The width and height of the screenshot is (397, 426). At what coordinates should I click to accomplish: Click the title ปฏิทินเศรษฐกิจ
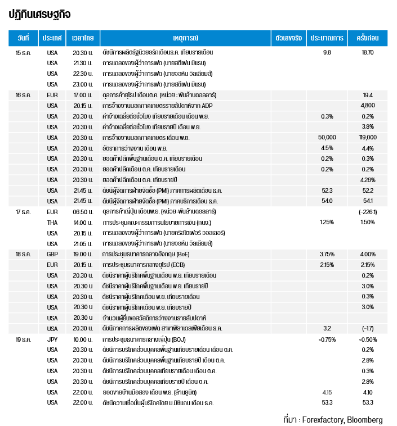pos(39,15)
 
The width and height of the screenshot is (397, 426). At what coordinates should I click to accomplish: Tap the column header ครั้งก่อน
pos(368,38)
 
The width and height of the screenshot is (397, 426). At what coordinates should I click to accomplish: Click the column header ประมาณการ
pos(327,38)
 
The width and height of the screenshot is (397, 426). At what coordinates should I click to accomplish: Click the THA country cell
pos(52,223)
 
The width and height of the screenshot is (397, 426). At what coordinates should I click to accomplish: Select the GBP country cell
pos(52,254)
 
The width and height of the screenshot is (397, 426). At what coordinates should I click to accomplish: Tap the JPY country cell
pos(52,339)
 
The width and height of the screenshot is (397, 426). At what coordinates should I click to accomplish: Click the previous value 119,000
pos(368,137)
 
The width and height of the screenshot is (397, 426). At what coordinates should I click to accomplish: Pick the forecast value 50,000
pos(327,137)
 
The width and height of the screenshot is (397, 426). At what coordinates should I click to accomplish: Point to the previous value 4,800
pos(368,105)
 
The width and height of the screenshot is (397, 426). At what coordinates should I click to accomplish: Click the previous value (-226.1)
pos(368,212)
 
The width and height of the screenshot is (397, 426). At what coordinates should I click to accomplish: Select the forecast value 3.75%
pos(327,254)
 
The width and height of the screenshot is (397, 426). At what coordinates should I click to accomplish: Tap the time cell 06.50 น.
pos(83,212)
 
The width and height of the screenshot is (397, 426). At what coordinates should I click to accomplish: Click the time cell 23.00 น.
pos(83,84)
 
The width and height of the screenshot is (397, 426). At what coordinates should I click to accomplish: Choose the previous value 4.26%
pos(368,179)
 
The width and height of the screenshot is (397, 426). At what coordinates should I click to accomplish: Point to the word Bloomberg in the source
pos(364,420)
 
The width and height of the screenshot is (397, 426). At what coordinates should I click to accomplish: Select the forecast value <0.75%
pos(327,339)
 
